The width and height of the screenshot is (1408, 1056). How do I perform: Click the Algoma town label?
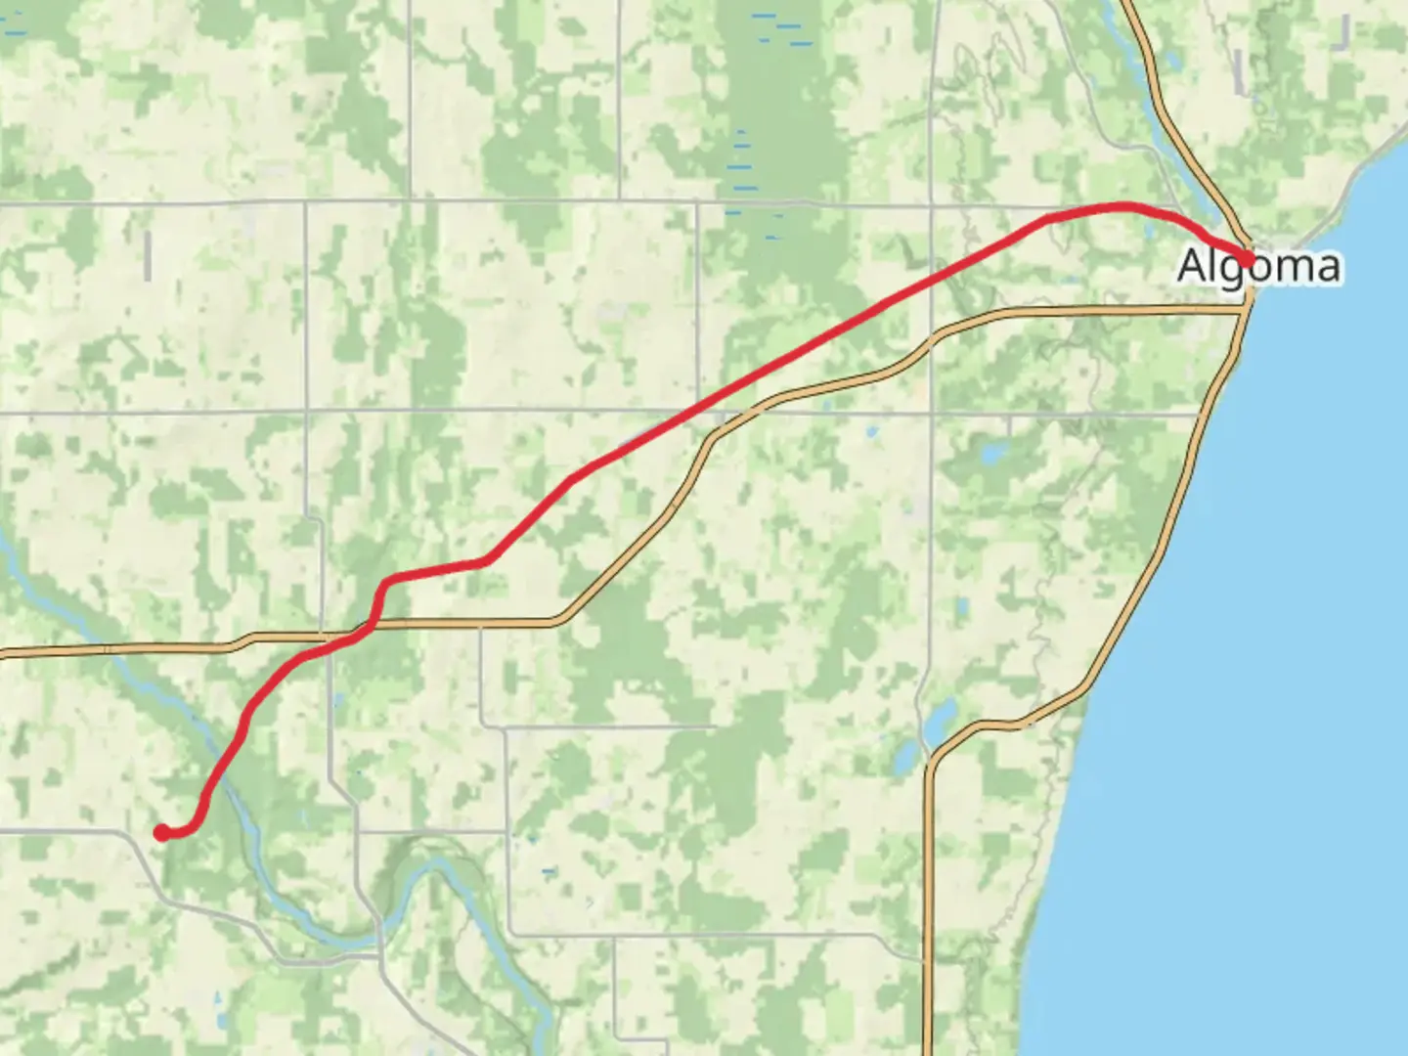click(1259, 266)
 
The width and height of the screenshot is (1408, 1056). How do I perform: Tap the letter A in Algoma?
click(1192, 266)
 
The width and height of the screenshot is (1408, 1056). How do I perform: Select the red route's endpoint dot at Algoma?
click(1248, 258)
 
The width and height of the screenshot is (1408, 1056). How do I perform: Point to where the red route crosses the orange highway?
click(367, 629)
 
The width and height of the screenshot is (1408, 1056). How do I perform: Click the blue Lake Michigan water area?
click(1271, 636)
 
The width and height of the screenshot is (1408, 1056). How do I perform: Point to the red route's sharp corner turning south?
click(387, 584)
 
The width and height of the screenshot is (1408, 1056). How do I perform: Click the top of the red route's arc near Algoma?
click(1120, 205)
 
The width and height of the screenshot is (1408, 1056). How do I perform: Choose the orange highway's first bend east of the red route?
click(562, 619)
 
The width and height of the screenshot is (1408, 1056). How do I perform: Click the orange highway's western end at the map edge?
click(3, 653)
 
